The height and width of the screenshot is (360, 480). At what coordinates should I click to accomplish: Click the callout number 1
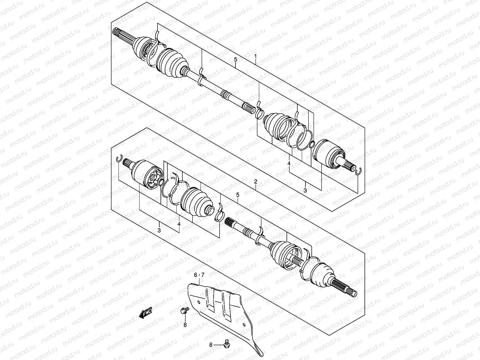pyautogui.click(x=255, y=56)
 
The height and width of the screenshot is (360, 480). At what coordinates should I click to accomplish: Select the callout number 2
pyautogui.click(x=255, y=181)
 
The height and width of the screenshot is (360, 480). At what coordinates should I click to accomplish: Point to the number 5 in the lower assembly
pyautogui.click(x=237, y=195)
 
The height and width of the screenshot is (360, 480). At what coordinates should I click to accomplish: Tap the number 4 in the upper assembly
pyautogui.click(x=289, y=163)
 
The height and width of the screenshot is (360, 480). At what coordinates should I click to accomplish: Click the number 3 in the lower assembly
pyautogui.click(x=159, y=230)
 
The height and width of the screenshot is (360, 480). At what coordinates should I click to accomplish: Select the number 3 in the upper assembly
pyautogui.click(x=305, y=190)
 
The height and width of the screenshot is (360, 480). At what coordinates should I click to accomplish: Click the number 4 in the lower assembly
pyautogui.click(x=179, y=224)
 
